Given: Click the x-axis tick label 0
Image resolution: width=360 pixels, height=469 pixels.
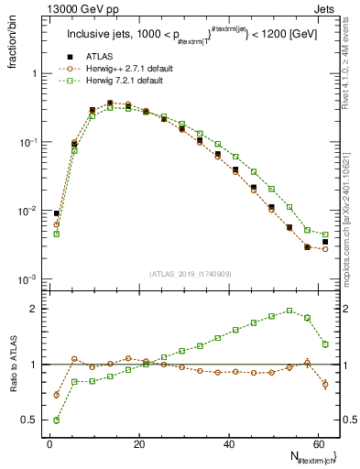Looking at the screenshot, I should point(49,442).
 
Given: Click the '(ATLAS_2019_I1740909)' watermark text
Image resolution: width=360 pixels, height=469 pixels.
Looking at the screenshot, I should point(189,273).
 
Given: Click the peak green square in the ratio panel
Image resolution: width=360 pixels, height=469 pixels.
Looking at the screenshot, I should point(289,311).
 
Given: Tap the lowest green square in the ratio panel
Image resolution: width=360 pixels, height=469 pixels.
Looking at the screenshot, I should point(57,420).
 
